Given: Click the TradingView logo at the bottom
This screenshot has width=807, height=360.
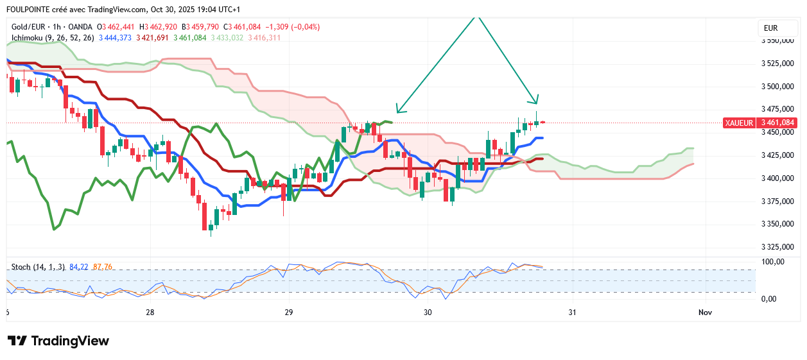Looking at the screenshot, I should [x=58, y=341].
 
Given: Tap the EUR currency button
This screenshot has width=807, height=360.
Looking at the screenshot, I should [x=770, y=28].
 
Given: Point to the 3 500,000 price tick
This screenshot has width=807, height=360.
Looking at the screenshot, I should [x=778, y=87].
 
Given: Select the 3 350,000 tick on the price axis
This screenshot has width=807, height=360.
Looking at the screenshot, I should [x=778, y=224].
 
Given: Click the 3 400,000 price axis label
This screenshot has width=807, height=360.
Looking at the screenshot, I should [x=778, y=178].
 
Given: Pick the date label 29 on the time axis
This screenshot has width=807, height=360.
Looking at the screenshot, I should [x=288, y=313].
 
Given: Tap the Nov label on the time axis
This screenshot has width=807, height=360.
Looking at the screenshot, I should [x=705, y=313].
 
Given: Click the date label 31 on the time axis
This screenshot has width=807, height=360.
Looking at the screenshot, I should [x=572, y=313].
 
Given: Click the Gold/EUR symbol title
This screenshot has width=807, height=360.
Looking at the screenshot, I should [x=30, y=27].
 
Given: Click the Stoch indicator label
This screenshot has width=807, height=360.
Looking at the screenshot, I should [x=21, y=266].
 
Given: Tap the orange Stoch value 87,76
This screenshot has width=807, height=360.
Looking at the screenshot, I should [x=103, y=266].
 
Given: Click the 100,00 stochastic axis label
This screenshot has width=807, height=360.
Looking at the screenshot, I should [x=772, y=262].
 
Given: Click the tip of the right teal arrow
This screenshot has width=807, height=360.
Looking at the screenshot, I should [x=536, y=103].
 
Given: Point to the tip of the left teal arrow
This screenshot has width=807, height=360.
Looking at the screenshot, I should [x=397, y=112].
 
